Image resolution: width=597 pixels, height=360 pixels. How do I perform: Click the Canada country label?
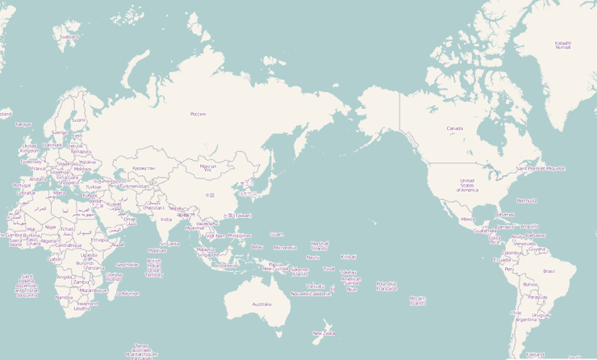tap(455, 128)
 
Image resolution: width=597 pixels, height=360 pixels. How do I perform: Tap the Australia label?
tap(261, 304)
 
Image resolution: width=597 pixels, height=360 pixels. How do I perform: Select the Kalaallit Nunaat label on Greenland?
tap(563, 45)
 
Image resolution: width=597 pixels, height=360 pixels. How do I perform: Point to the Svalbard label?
tap(69, 36)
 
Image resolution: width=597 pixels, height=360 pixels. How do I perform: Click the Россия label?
tap(198, 114)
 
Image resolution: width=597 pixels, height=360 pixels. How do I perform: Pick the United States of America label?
tap(469, 185)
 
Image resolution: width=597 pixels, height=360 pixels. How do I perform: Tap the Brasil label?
tap(549, 271)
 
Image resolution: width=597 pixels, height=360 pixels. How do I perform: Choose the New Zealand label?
tap(324, 333)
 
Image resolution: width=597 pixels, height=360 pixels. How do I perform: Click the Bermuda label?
tap(527, 200)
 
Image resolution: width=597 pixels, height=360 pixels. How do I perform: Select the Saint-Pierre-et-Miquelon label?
tap(541, 169)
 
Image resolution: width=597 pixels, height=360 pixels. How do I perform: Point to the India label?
tap(166, 219)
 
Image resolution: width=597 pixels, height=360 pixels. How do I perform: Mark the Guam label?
tap(277, 235)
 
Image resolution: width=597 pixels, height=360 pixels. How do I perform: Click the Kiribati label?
tap(349, 257)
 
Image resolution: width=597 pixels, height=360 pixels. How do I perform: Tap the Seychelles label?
tap(127, 265)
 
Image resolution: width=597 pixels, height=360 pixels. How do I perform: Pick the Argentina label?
tap(526, 320)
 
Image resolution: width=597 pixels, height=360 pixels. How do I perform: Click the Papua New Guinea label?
tap(277, 266)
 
